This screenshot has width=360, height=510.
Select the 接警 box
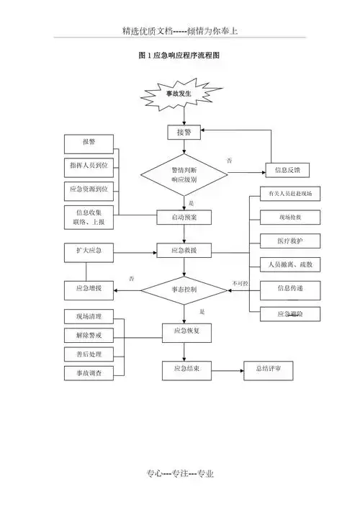point(184,133)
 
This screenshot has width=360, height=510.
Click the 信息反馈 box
point(287,170)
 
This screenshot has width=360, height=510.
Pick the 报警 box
point(89,142)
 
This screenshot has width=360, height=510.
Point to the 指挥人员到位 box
point(89,166)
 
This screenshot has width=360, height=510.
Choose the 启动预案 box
point(185,217)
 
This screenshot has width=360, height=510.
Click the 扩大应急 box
point(89,251)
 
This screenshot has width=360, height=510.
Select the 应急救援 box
point(185,251)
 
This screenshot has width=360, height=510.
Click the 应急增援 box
point(89,289)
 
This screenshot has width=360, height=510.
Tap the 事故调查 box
point(89,372)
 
